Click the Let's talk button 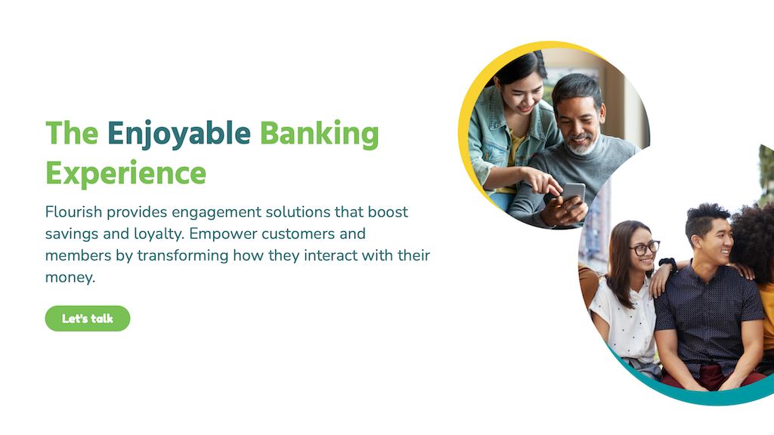tap(88, 319)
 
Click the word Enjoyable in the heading tap(178, 134)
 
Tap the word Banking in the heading tap(319, 134)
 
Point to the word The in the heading tap(72, 133)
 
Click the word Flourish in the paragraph tap(73, 211)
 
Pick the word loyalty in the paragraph tap(159, 234)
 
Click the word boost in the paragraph tap(388, 211)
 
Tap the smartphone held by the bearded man tap(573, 193)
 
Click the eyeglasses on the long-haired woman tap(644, 248)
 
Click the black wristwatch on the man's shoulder tap(668, 264)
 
